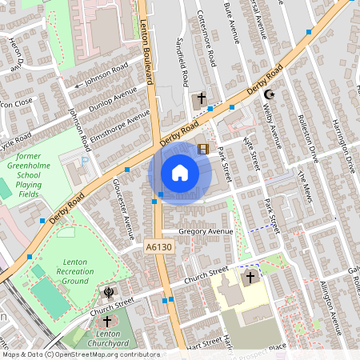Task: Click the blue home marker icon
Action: click(x=180, y=173)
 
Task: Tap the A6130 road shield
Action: click(x=158, y=248)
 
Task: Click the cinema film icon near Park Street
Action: click(x=202, y=149)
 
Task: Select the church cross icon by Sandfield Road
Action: click(x=202, y=99)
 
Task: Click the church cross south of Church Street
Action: click(x=250, y=278)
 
